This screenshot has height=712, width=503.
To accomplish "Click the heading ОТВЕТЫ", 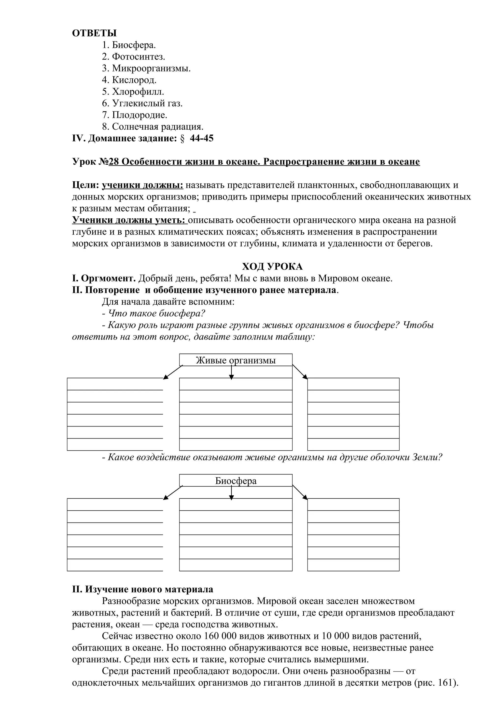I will coord(94,33).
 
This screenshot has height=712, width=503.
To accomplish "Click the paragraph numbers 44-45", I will coord(201,138).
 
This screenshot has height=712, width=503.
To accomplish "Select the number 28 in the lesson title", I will coord(114,162).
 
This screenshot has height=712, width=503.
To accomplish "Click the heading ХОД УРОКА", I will coord(272,267).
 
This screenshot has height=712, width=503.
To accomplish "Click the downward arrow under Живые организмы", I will coord(231,372).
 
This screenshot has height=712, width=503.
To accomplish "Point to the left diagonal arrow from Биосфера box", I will coord(173,493).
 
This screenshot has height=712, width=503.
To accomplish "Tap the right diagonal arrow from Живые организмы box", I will coord(300,372).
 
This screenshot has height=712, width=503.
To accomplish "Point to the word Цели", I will coord(85,185).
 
